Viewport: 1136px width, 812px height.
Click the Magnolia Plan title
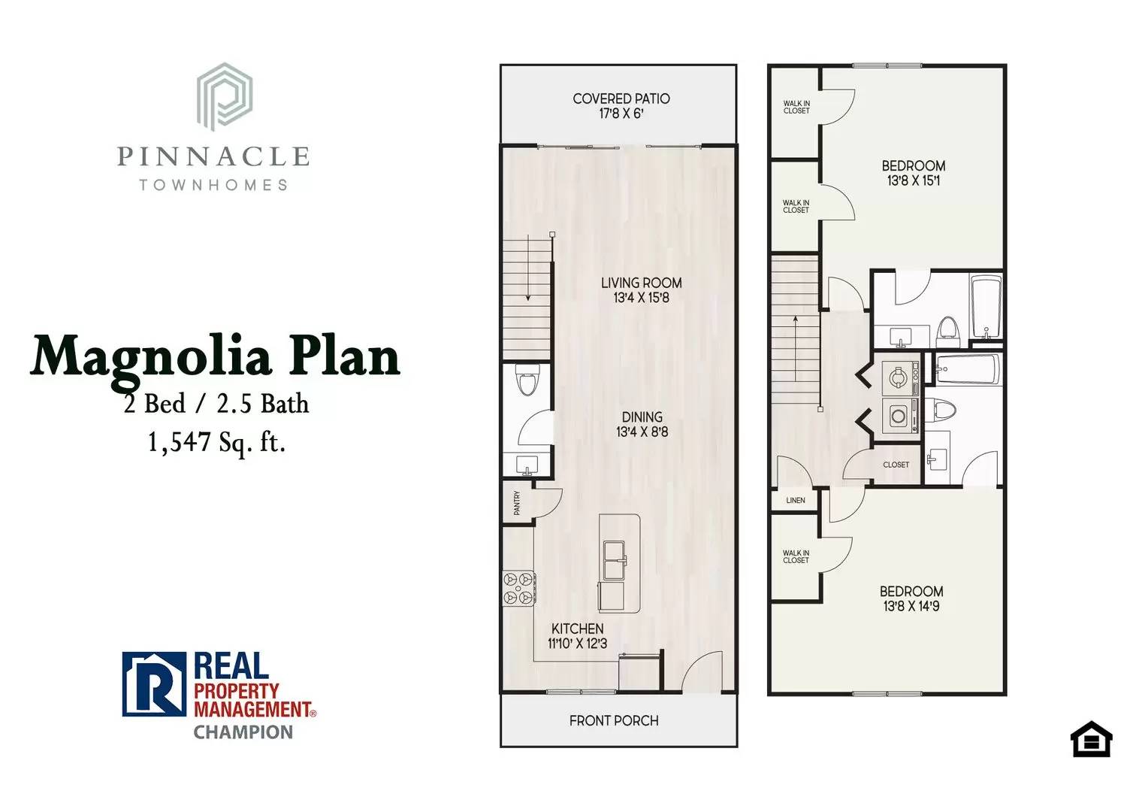click(216, 357)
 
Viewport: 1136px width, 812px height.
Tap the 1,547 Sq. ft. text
click(216, 442)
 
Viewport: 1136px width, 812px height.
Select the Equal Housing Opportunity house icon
click(1090, 740)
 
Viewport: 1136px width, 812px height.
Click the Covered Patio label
click(621, 98)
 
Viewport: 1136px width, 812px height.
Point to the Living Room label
click(641, 283)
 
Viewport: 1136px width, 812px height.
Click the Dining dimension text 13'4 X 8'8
click(642, 432)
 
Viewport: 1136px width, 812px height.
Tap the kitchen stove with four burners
click(518, 588)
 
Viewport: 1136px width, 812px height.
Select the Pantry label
click(517, 502)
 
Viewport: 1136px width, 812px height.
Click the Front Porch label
click(613, 720)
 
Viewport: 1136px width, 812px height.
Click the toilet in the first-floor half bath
click(528, 380)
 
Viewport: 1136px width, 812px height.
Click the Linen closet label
click(796, 500)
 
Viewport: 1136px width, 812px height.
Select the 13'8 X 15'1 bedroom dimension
click(913, 180)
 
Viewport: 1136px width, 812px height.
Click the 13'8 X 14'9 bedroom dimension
click(911, 606)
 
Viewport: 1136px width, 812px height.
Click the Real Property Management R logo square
click(154, 684)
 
